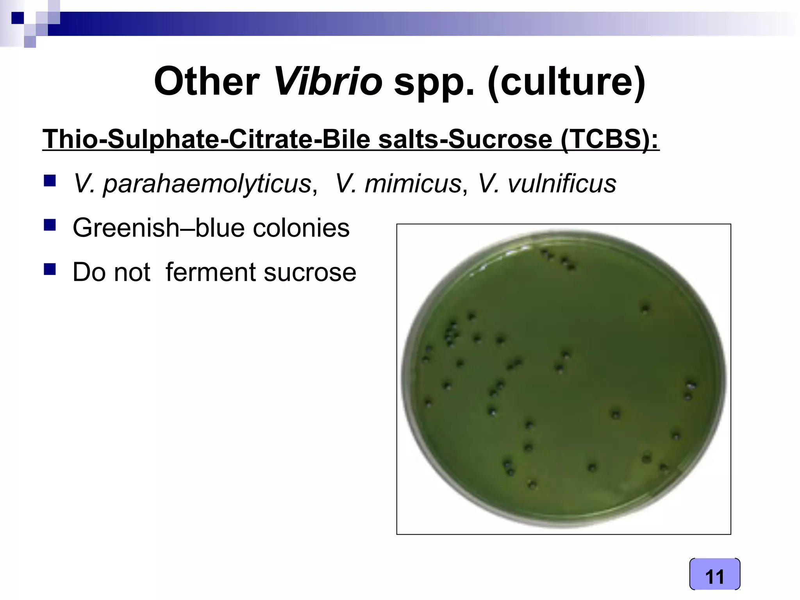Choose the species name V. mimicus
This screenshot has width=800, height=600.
(x=398, y=184)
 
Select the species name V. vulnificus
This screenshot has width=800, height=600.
(x=547, y=184)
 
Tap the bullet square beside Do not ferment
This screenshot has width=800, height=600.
(x=50, y=269)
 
